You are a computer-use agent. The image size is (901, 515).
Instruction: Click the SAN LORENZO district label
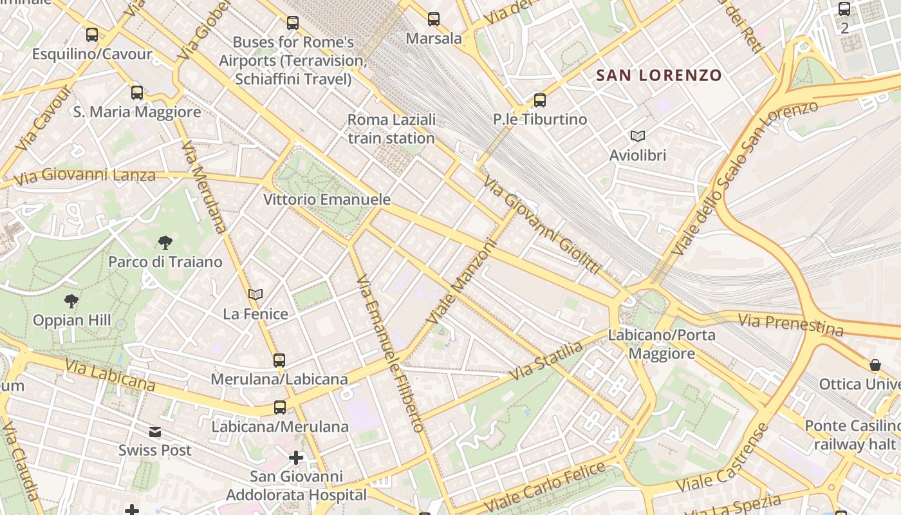point(658,75)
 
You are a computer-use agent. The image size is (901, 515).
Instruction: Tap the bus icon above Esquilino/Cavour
point(92,35)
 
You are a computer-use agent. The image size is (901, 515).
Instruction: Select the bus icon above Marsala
point(434,19)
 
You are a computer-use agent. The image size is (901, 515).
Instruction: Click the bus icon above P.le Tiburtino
point(540,100)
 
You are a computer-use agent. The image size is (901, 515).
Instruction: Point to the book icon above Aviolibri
point(638,136)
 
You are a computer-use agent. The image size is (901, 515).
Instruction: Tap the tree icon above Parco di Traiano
point(165,243)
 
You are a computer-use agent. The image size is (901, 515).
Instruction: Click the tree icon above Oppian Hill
point(72,301)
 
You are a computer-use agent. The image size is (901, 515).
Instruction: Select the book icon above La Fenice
point(255,295)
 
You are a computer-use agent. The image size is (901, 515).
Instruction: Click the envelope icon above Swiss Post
point(155,431)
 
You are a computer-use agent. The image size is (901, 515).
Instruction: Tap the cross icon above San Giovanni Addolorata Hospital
point(296,458)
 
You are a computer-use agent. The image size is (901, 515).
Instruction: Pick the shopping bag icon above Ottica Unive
point(875,365)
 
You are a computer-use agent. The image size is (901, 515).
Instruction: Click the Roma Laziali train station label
point(391,129)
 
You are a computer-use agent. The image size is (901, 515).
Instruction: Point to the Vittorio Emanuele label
point(327,200)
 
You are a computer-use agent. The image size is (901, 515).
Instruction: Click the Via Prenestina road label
point(790,324)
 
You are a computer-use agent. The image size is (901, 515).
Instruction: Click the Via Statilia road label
point(546,361)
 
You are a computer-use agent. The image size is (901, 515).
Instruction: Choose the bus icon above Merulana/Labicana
point(279,360)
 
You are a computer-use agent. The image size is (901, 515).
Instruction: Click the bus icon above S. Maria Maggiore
point(137,93)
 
